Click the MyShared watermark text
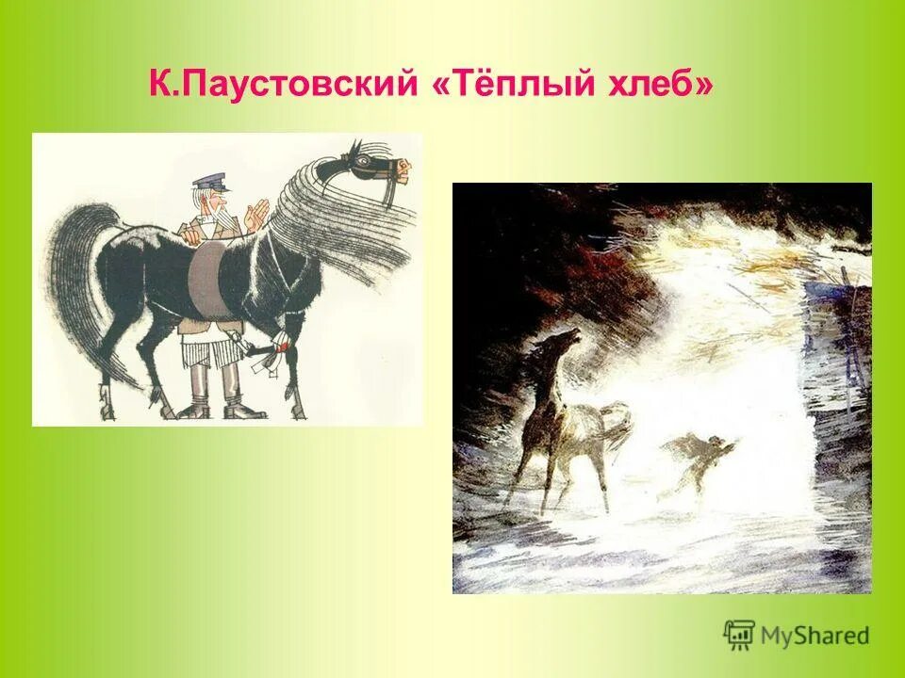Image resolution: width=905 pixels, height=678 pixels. tap(815, 636)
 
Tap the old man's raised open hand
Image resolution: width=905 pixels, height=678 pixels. tap(252, 217)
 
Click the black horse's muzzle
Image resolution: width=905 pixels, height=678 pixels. tap(403, 171)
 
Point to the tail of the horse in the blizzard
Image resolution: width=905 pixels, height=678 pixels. tap(618, 420)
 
